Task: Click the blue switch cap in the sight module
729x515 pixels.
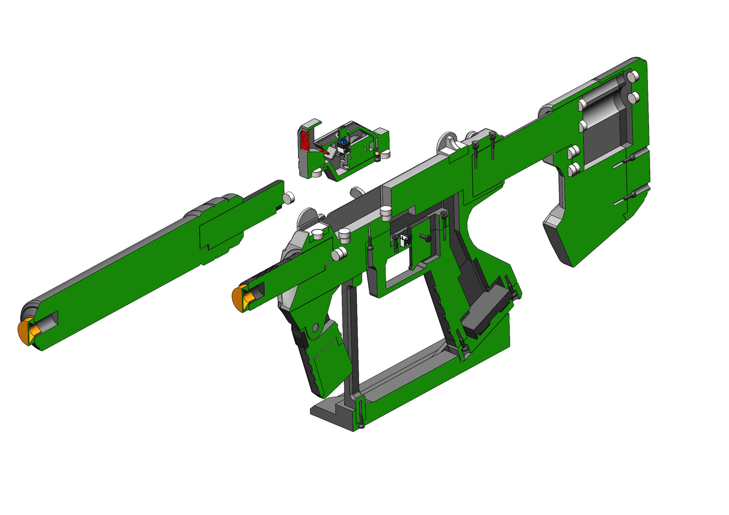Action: point(344,141)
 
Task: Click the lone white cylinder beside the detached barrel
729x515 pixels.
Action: point(289,198)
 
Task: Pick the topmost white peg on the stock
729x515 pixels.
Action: point(633,76)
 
